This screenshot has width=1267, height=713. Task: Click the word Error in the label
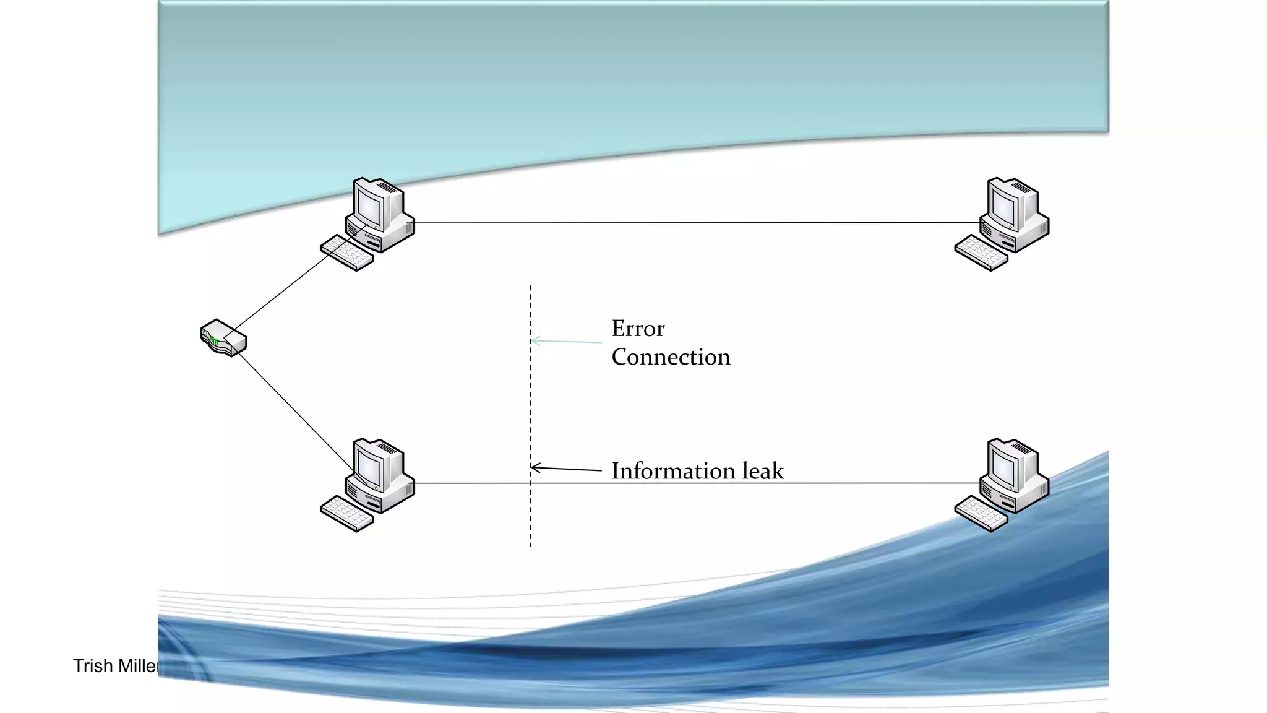coord(638,329)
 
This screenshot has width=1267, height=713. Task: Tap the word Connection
coord(671,357)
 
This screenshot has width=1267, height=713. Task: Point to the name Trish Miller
coord(115,666)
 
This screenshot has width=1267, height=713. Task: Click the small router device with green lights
coord(223,338)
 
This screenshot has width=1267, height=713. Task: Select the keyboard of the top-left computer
coord(346,253)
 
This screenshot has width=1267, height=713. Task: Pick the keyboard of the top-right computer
coord(981,253)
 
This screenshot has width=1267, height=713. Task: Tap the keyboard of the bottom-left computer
coord(346,514)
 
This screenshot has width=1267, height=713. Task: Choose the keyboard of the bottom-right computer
coord(981,514)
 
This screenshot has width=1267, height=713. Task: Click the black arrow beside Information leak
coord(566,469)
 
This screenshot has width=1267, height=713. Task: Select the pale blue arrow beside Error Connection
coord(566,341)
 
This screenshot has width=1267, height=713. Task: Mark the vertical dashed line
coord(530,402)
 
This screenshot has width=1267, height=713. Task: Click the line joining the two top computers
coord(693,222)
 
